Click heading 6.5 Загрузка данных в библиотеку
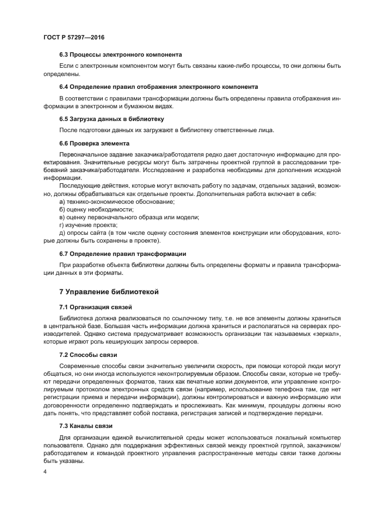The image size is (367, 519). pos(111,118)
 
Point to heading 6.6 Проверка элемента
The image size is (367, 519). pos(94,143)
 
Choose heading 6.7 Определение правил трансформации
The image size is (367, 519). pos(122,254)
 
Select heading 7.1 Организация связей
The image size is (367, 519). pos(95,306)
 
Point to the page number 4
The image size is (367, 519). pos(44,472)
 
